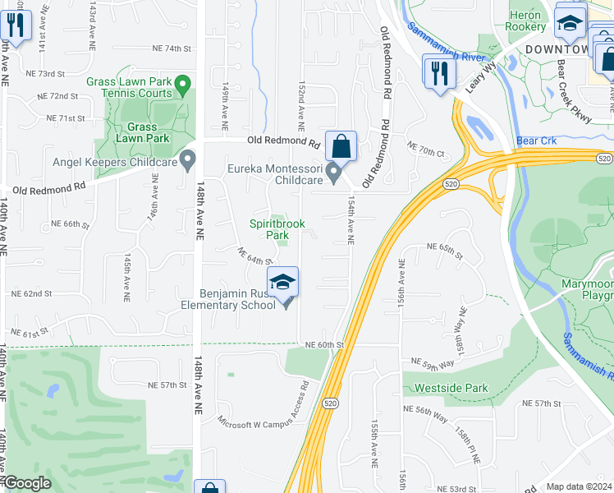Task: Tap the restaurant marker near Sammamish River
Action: pyautogui.click(x=438, y=72)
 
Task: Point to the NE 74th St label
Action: pyautogui.click(x=171, y=48)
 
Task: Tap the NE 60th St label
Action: pyautogui.click(x=323, y=345)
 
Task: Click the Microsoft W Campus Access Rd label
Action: pyautogui.click(x=263, y=409)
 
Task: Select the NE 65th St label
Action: pyautogui.click(x=444, y=246)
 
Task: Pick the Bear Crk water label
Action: pyautogui.click(x=537, y=141)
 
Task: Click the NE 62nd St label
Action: pyautogui.click(x=31, y=293)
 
